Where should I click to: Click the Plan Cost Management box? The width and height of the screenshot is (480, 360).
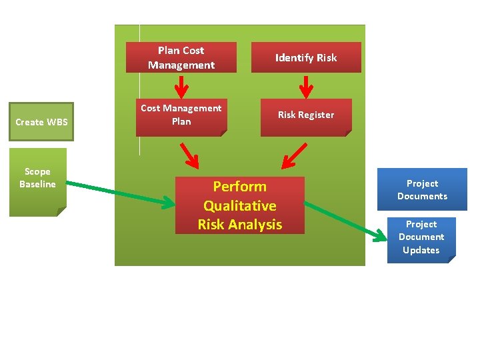click(x=181, y=57)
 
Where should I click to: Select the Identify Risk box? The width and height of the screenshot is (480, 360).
click(x=306, y=57)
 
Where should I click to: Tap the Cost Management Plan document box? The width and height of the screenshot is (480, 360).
click(x=181, y=118)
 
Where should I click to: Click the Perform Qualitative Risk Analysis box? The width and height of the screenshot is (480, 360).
click(x=239, y=205)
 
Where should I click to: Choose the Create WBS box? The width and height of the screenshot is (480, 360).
click(x=41, y=122)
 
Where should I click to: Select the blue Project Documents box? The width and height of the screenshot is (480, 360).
click(x=422, y=189)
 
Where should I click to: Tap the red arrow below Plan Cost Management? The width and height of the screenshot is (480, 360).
click(x=181, y=86)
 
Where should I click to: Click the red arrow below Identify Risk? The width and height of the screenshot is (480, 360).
click(x=306, y=86)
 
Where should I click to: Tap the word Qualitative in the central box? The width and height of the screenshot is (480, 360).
click(x=239, y=206)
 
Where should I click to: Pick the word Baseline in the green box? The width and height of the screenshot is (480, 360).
click(x=37, y=184)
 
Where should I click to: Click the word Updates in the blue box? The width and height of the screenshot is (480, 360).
click(x=421, y=250)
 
